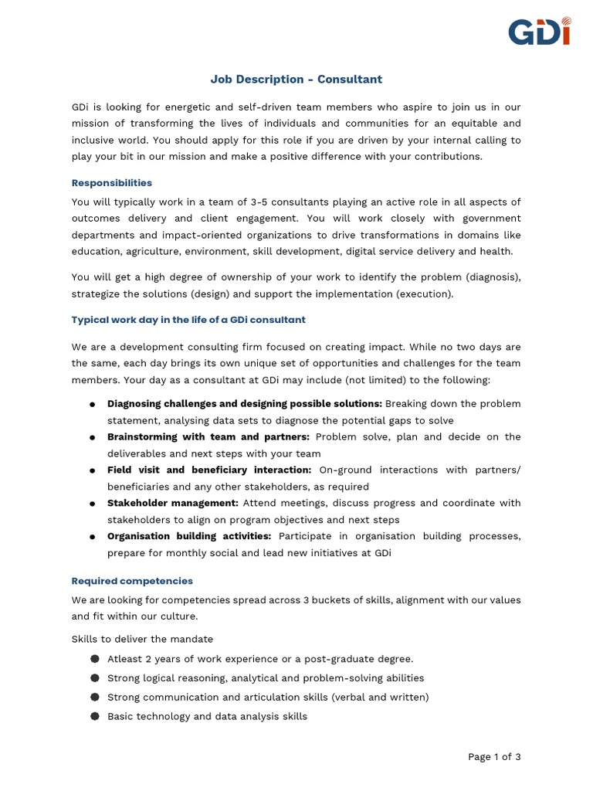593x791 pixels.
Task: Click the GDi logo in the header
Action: click(x=539, y=31)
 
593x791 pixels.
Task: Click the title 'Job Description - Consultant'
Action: click(x=296, y=80)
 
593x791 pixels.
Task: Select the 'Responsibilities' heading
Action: click(x=112, y=183)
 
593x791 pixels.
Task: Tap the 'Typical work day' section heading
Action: click(x=188, y=320)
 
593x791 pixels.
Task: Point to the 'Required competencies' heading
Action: click(x=132, y=581)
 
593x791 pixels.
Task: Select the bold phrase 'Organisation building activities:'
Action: click(x=189, y=537)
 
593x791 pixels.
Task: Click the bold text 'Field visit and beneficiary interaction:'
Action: click(x=209, y=470)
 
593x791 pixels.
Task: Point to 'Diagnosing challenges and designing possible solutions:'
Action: click(x=245, y=404)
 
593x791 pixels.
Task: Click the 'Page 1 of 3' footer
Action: click(x=494, y=757)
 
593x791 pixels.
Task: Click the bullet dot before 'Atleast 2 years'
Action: click(x=94, y=659)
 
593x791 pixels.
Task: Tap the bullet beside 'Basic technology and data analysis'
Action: click(x=94, y=716)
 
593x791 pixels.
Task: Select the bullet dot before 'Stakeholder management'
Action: click(x=92, y=504)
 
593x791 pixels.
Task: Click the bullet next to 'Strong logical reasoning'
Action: click(x=94, y=678)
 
